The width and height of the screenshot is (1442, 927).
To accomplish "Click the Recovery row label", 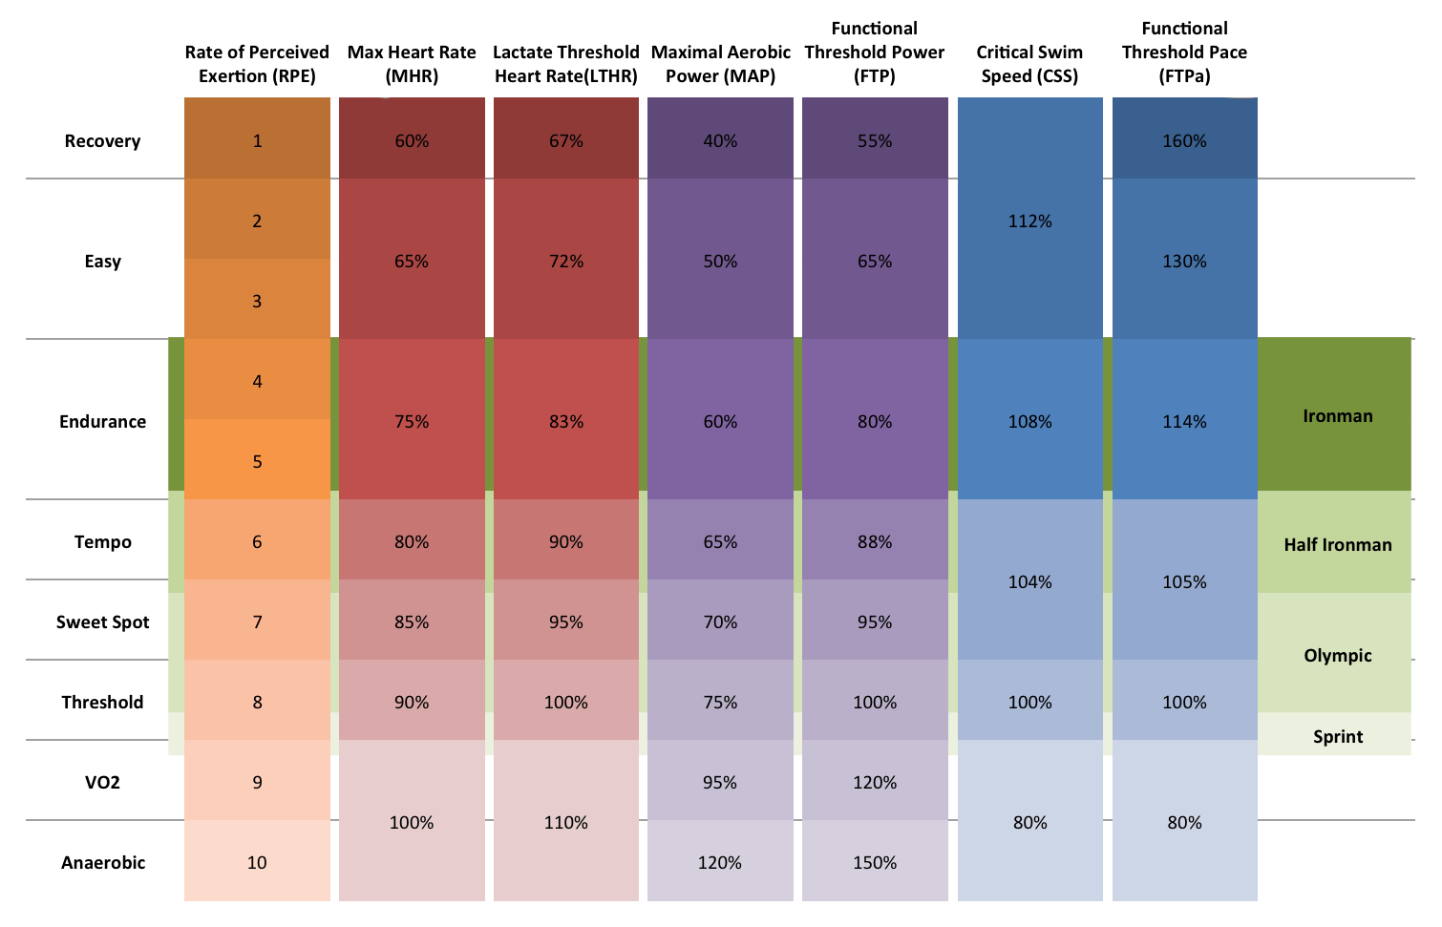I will tap(102, 141).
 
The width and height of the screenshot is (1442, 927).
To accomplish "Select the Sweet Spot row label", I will tap(102, 622).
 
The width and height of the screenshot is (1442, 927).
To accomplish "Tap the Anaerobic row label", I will tap(103, 863).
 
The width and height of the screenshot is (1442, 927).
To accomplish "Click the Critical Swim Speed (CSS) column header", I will tap(1029, 64).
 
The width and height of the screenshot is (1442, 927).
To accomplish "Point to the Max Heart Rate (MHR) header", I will tap(412, 64).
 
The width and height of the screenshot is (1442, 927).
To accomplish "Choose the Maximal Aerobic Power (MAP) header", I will tap(720, 64).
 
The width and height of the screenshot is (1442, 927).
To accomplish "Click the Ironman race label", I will tap(1337, 416).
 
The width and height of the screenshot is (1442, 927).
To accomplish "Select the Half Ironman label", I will tap(1337, 545).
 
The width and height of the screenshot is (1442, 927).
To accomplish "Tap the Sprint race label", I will tap(1337, 737).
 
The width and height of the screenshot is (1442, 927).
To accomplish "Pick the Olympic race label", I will tap(1337, 656).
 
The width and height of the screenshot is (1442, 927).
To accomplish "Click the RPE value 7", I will tap(257, 622).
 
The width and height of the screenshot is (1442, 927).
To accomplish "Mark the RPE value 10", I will tap(257, 863).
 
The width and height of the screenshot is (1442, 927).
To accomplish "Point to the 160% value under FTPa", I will tap(1184, 141).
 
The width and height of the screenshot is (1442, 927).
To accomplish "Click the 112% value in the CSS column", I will tap(1029, 221).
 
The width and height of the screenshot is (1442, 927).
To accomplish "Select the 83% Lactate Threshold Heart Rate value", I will tap(565, 422).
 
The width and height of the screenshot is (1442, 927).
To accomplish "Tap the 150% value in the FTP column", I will tap(875, 863).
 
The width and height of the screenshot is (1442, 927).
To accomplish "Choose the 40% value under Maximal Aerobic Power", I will tap(720, 141).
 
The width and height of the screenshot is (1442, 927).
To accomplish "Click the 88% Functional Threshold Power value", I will tap(875, 542).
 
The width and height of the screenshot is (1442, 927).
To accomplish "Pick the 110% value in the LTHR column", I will tap(565, 823).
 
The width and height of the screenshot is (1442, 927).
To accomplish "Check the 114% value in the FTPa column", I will tap(1184, 422).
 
